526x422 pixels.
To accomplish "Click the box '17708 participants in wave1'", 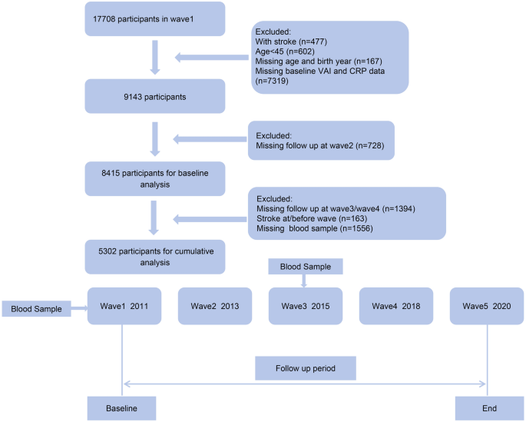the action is tap(154, 18).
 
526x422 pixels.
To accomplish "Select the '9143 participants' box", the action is tap(154, 96).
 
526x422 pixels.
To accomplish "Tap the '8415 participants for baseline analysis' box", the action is tap(154, 178).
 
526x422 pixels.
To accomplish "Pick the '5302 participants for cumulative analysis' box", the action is tap(154, 257).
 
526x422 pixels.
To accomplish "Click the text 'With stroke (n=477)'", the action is tap(291, 42).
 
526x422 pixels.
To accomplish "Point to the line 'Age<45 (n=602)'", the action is tap(285, 52).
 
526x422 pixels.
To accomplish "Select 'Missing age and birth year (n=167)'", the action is tap(319, 61).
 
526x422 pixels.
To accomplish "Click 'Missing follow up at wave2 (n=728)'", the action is tap(320, 145).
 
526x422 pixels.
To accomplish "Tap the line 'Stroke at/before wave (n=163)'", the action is tap(312, 218).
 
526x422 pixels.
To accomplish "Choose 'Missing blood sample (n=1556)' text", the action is tap(315, 228).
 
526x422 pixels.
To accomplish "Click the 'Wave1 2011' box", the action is tap(124, 306).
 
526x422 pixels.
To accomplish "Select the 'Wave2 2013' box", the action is tap(215, 306).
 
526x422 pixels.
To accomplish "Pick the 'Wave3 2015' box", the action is tap(306, 306).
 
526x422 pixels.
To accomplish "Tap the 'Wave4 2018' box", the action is tap(395, 306).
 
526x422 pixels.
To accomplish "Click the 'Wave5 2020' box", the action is tap(486, 306).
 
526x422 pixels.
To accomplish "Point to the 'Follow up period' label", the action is tap(306, 368).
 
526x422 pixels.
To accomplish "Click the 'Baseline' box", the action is tap(122, 408).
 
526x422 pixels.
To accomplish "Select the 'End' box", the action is tap(489, 408).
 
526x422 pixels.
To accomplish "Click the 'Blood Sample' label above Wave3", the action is tap(306, 267).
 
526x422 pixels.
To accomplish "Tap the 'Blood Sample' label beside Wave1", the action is tap(36, 309).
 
